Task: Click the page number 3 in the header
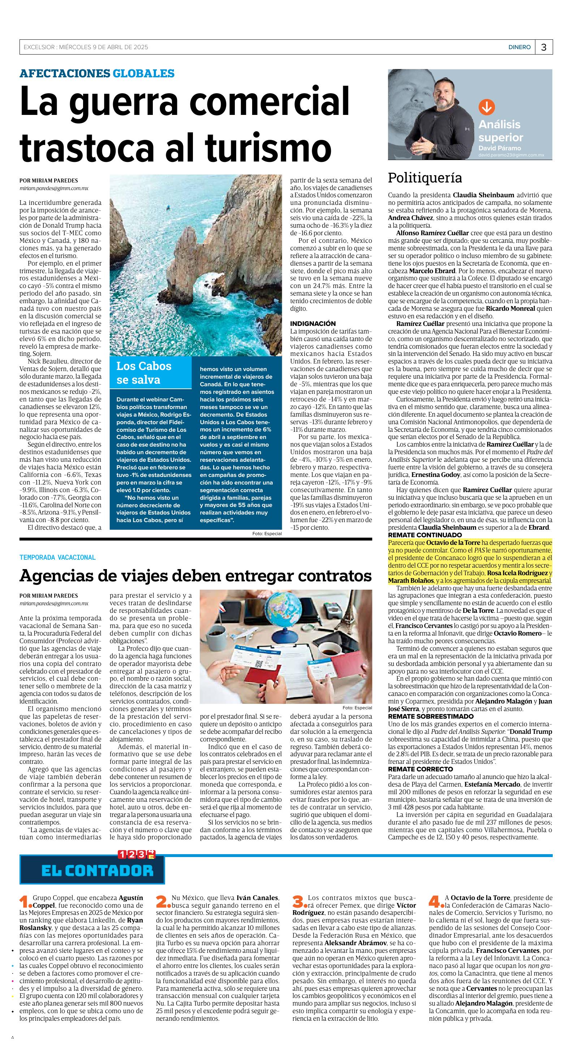pyautogui.click(x=543, y=47)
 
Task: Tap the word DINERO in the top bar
pyautogui.click(x=519, y=47)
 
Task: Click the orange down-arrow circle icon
pyautogui.click(x=486, y=107)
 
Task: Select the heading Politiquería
pyautogui.click(x=424, y=178)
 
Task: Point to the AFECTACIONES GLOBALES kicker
pyautogui.click(x=97, y=74)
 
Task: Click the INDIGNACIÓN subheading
pyautogui.click(x=313, y=323)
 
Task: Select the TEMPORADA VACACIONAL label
pyautogui.click(x=57, y=558)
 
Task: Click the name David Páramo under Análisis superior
pyautogui.click(x=499, y=148)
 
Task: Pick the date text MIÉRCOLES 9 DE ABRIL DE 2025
pyautogui.click(x=103, y=47)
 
